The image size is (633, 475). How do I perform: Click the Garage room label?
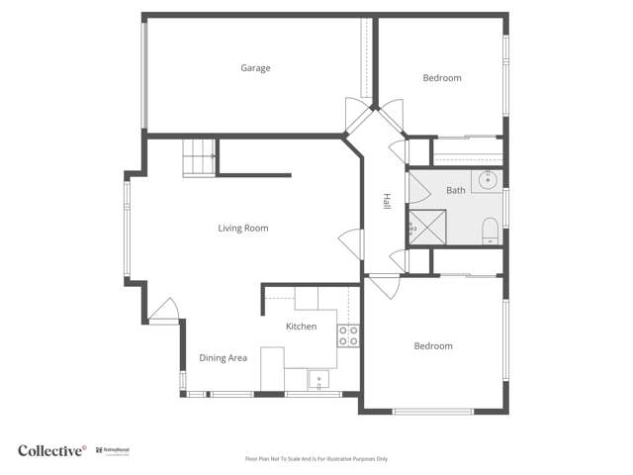[x=255, y=68]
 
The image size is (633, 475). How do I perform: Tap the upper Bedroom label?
[x=442, y=78]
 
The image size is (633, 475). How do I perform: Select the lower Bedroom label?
[x=433, y=346]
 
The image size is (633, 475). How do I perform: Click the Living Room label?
[x=243, y=229]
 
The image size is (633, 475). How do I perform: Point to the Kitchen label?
[x=302, y=327]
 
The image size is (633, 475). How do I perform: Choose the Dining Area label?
[x=224, y=358]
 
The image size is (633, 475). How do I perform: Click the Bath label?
[x=455, y=190]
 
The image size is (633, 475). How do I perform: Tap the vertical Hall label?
[x=388, y=201]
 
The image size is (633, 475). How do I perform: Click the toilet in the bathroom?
[x=490, y=233]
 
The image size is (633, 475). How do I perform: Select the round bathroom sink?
[x=489, y=181]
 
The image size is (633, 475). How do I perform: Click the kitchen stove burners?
[x=348, y=335]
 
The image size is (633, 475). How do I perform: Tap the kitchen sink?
[x=319, y=380]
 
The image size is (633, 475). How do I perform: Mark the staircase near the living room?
[x=199, y=158]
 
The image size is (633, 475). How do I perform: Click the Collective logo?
[x=52, y=450]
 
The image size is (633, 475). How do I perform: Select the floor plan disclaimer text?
[x=316, y=459]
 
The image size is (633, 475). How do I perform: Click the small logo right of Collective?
[x=117, y=451]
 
